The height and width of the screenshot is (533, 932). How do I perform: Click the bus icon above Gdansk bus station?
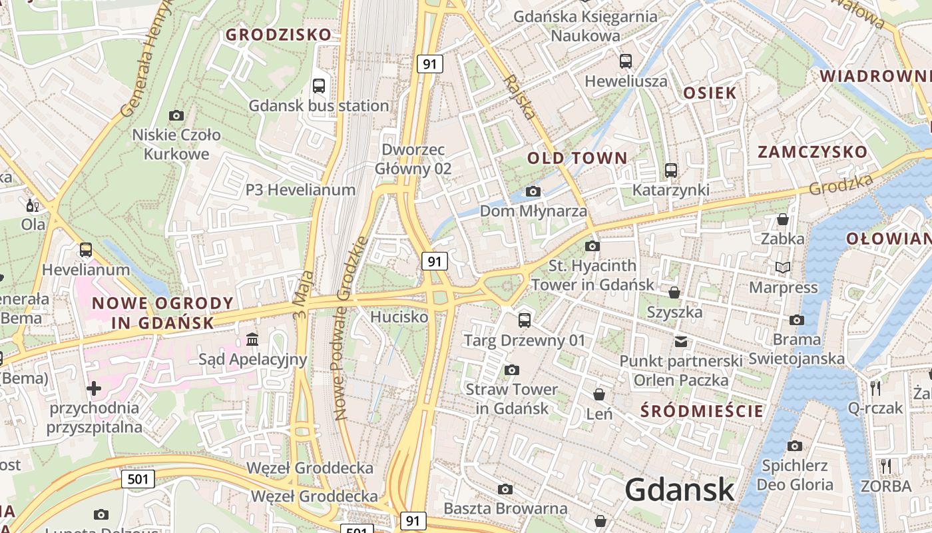coord(319,85)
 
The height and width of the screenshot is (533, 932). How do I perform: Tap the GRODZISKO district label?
coord(278,35)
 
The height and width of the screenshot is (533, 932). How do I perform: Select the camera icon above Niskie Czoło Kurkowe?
coord(176,115)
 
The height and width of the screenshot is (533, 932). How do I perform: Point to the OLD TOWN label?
coord(577,158)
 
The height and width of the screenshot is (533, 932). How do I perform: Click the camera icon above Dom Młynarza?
coord(533,192)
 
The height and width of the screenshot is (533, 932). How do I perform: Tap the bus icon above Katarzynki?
coord(670,171)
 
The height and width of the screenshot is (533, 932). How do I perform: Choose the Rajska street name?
coord(520,97)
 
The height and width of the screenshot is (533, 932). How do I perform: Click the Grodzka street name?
coord(841,185)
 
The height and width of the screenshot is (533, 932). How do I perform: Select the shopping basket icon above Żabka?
coord(783,219)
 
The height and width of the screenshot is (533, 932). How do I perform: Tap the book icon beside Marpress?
coord(783,267)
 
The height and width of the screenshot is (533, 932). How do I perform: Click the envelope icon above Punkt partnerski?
coord(680,342)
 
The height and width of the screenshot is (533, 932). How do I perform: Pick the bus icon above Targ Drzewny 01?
coord(525,320)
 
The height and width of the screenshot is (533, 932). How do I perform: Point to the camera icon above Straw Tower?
coord(511,370)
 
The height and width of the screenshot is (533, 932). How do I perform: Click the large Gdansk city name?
coord(680,490)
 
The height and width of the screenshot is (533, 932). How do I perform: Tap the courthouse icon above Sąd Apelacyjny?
coord(252,340)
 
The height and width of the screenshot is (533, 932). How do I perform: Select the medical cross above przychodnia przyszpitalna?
coord(94,388)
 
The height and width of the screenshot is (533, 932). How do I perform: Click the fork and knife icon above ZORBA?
coord(885,466)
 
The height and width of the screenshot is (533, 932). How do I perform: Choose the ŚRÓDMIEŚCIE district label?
coord(702,411)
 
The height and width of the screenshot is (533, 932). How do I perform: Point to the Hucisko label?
coord(399,317)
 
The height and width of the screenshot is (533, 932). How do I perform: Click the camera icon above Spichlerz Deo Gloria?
coord(794,446)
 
